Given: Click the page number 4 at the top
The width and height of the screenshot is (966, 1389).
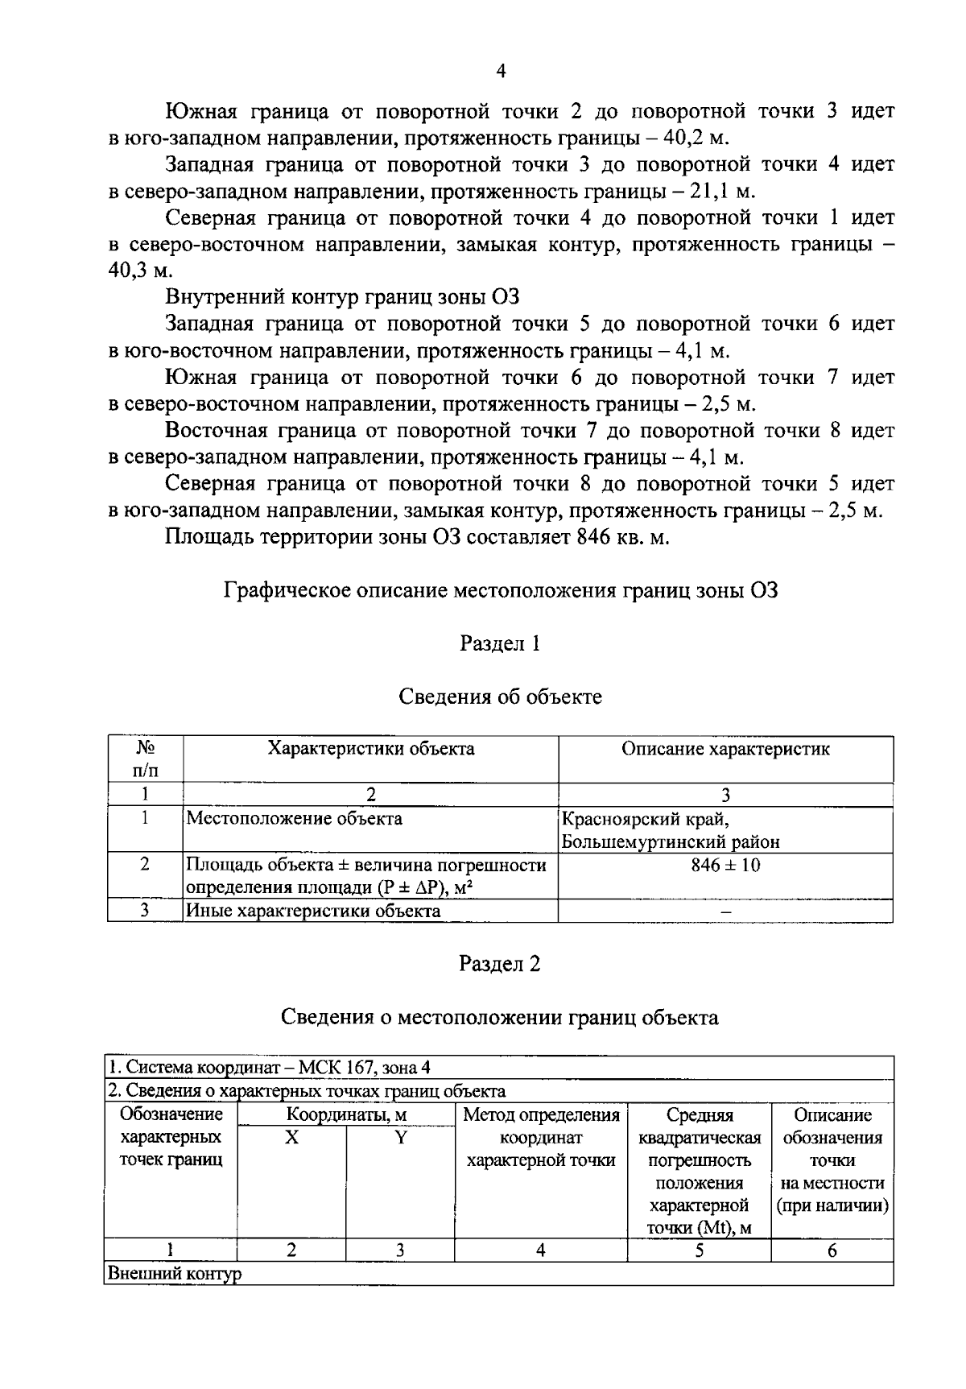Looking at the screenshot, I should click(x=501, y=72).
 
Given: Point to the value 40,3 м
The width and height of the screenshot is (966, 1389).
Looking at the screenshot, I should click(x=135, y=271).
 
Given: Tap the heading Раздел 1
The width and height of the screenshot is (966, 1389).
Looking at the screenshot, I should click(x=499, y=643).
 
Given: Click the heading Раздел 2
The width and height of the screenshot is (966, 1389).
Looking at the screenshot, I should click(x=499, y=964).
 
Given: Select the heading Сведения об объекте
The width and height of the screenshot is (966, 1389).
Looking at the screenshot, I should click(x=500, y=697).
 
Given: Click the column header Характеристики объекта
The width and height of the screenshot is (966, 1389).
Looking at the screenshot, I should click(x=370, y=749).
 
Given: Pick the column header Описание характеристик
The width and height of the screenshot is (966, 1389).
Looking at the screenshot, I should click(x=725, y=749).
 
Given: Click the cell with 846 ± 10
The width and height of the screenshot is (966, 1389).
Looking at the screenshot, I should click(x=725, y=866).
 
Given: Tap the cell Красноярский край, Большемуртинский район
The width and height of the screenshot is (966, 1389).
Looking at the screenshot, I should click(x=671, y=831).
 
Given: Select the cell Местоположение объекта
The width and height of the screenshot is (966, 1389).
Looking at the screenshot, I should click(x=295, y=819).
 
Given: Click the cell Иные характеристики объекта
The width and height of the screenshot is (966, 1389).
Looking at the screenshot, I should click(x=314, y=912).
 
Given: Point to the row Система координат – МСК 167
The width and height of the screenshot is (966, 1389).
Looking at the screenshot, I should click(x=270, y=1068).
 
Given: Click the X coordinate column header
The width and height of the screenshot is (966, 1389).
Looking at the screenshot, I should click(x=291, y=1138).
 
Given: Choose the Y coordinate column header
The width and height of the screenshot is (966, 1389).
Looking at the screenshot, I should click(x=400, y=1138).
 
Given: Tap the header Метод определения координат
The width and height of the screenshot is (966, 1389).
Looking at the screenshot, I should click(x=541, y=1138).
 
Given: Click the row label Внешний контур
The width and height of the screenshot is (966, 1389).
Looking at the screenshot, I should click(x=174, y=1275).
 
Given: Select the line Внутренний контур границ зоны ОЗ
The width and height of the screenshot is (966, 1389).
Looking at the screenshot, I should click(x=342, y=297).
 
